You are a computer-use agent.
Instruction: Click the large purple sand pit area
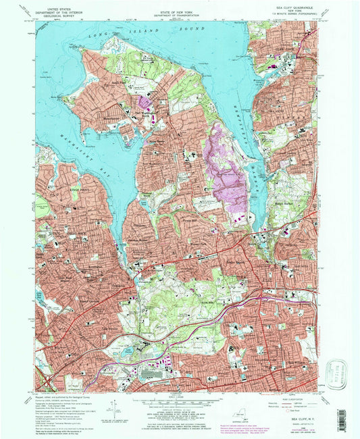coord(228,169)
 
